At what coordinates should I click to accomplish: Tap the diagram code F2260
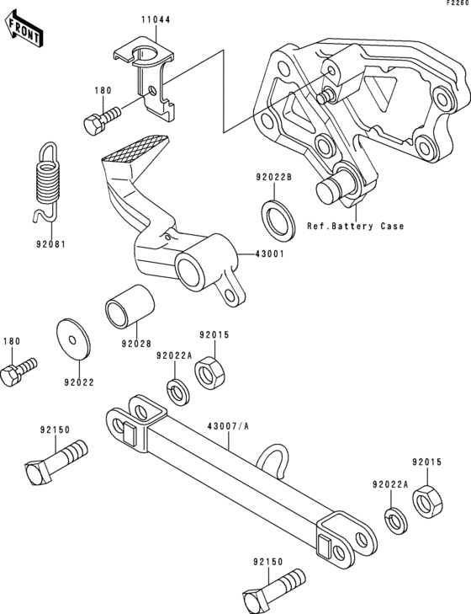(x=458, y=4)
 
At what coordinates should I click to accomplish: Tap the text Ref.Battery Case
(x=355, y=226)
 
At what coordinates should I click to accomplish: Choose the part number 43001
(x=262, y=254)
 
